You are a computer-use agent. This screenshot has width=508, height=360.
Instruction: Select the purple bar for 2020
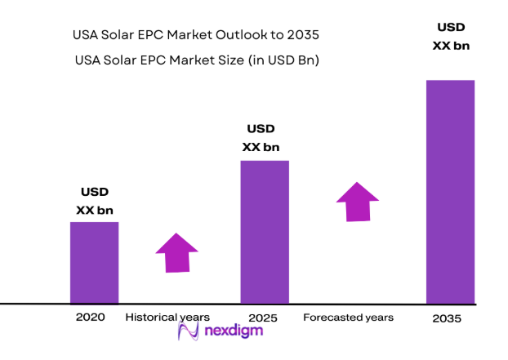coord(94,262)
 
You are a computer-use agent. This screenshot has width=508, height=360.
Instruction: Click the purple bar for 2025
coord(264,231)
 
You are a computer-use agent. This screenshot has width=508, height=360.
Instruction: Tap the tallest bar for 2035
coord(450,191)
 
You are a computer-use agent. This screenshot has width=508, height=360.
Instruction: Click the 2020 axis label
coord(90,317)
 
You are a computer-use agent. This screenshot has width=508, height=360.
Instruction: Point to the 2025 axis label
coord(263,317)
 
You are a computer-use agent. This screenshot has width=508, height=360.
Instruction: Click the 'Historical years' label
coord(167,317)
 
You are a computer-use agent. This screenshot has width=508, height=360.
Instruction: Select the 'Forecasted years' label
coord(348,317)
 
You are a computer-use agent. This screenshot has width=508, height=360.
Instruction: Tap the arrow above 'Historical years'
coord(176,252)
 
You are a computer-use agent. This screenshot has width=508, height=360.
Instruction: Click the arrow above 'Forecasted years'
coord(357,202)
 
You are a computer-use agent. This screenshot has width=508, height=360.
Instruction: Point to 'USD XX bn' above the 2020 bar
coord(94,201)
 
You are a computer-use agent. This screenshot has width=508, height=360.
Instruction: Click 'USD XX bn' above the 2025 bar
coord(261,138)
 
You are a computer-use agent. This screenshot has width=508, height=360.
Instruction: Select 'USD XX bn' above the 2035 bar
coord(450,37)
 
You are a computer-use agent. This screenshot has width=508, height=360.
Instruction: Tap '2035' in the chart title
coord(303,37)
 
